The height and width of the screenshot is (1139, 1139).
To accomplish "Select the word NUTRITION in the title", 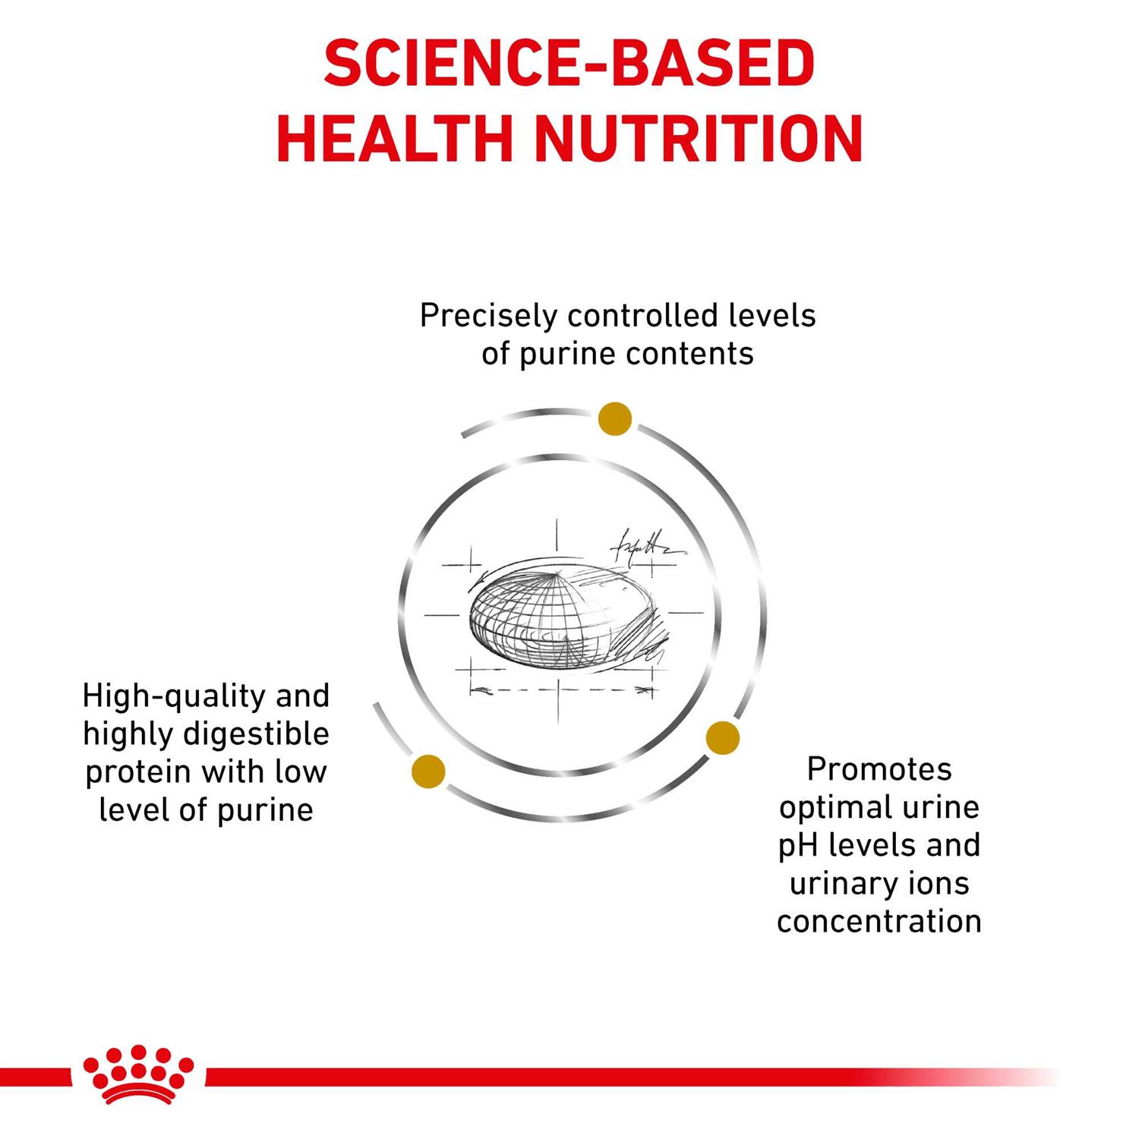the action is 699,139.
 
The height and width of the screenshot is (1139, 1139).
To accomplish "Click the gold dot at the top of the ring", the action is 615,418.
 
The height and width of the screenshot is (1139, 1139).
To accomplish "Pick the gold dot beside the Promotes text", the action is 722,738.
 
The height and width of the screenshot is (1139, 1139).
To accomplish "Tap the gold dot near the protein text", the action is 428,771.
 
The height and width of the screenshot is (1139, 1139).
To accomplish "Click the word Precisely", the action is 488,317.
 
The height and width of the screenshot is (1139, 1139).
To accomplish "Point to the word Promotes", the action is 879,769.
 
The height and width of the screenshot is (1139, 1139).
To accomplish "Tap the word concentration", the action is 879,922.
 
